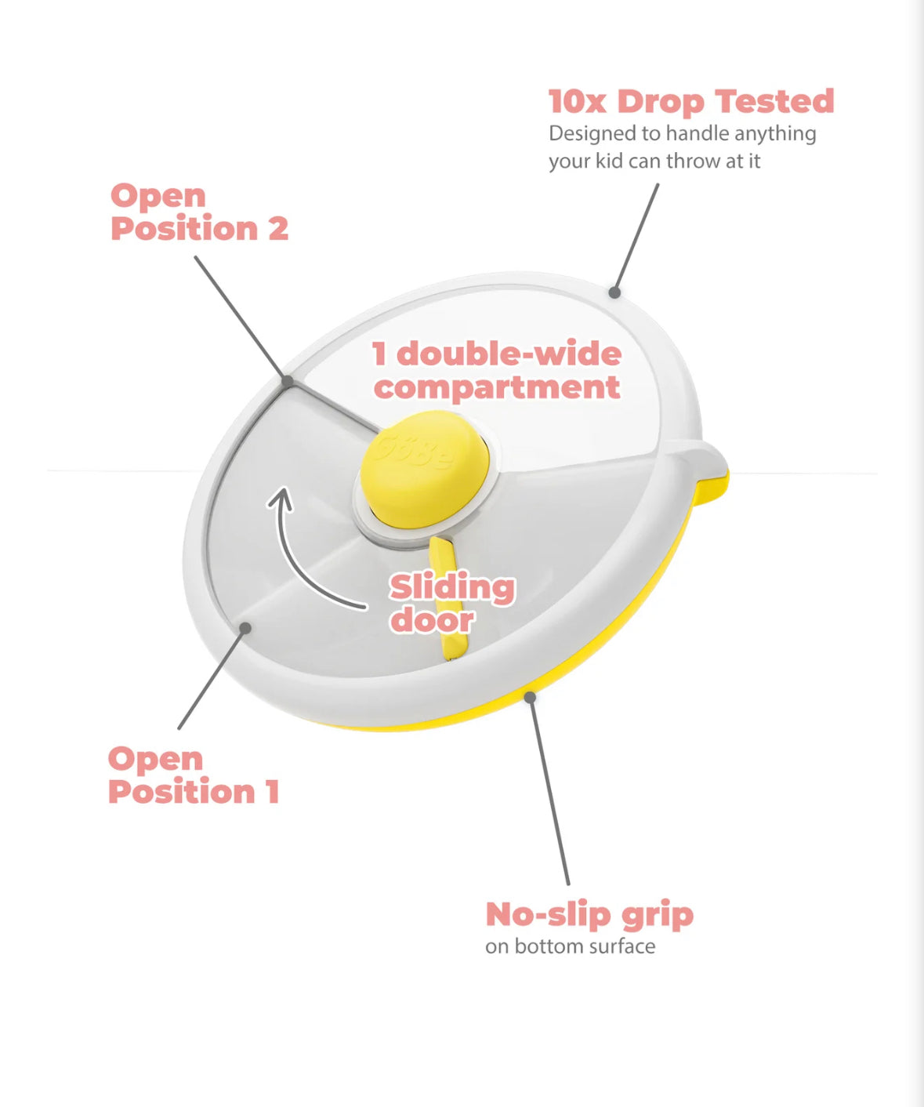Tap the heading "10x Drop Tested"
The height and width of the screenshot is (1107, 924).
coord(690,102)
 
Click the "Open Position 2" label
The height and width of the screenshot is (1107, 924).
coord(199,212)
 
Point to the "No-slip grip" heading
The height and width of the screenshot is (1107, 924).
coord(589,914)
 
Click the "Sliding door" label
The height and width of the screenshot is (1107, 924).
coord(451,603)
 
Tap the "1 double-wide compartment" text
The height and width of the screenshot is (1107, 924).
coord(497,370)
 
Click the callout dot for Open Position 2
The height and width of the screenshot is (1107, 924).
coord(288,382)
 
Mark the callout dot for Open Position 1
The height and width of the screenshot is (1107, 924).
coord(245,628)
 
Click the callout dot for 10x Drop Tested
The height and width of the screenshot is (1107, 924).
coord(614,292)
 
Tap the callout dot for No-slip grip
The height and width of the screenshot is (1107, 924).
coord(531,696)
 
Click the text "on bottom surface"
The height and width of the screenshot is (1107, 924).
coord(570,946)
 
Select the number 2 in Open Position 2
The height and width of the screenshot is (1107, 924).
coord(278,229)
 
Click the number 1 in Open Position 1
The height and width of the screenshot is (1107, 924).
coord(272,792)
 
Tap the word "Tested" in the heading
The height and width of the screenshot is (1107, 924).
coord(774,102)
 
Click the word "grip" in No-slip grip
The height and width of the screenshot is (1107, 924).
coord(657,916)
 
